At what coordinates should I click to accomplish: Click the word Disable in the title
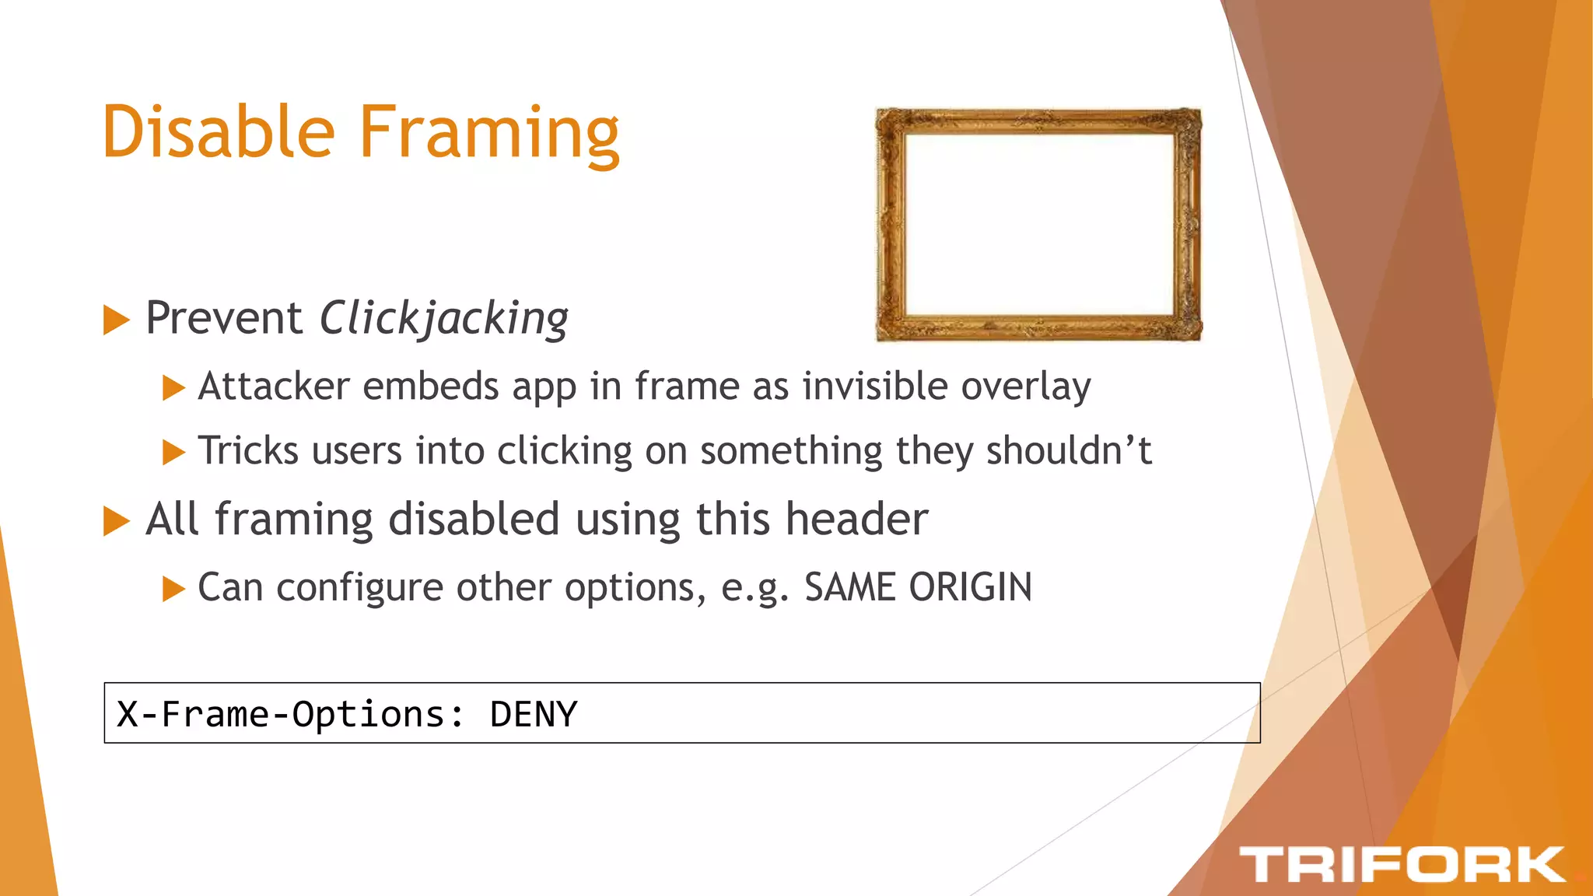pyautogui.click(x=219, y=132)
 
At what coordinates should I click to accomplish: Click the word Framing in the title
pyautogui.click(x=488, y=134)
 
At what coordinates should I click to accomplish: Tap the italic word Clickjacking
pyautogui.click(x=444, y=319)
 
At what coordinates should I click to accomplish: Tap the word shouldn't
pyautogui.click(x=1069, y=451)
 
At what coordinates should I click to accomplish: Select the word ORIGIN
pyautogui.click(x=970, y=587)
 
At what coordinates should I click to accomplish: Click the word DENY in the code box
pyautogui.click(x=534, y=714)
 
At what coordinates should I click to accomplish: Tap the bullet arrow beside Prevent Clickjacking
pyautogui.click(x=116, y=320)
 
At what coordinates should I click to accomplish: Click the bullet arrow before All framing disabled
pyautogui.click(x=116, y=520)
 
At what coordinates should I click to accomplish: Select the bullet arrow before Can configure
pyautogui.click(x=173, y=589)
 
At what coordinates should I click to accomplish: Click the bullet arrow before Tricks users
pyautogui.click(x=173, y=452)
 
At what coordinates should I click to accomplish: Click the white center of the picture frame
pyautogui.click(x=1039, y=224)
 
